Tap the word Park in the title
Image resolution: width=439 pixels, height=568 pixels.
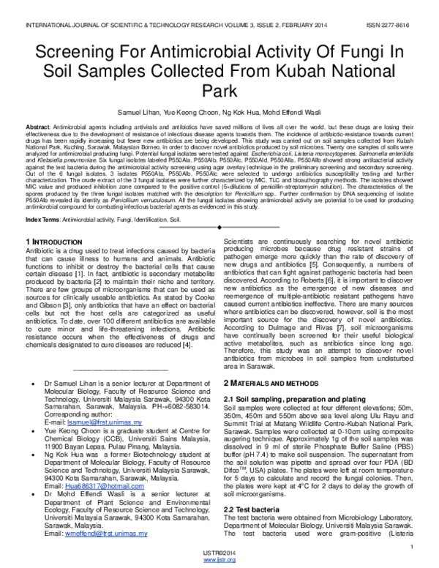[219, 92]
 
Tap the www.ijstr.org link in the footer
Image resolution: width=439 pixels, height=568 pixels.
[219, 560]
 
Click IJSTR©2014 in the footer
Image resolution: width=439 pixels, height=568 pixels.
[219, 553]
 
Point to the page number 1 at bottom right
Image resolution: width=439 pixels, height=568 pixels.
[413, 547]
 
